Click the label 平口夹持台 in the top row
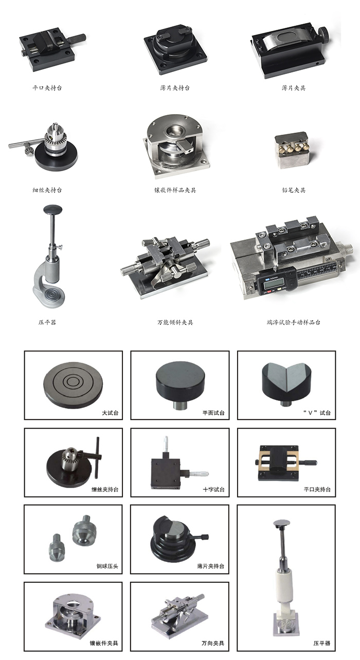click(x=47, y=88)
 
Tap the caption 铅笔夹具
click(x=294, y=190)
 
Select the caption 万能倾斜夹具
click(x=175, y=322)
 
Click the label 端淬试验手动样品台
click(x=294, y=322)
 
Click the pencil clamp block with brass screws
click(x=293, y=150)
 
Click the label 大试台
click(x=110, y=413)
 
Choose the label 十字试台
click(x=214, y=489)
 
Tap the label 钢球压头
click(x=107, y=566)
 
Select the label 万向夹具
click(x=213, y=643)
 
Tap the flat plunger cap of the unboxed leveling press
click(x=53, y=209)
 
